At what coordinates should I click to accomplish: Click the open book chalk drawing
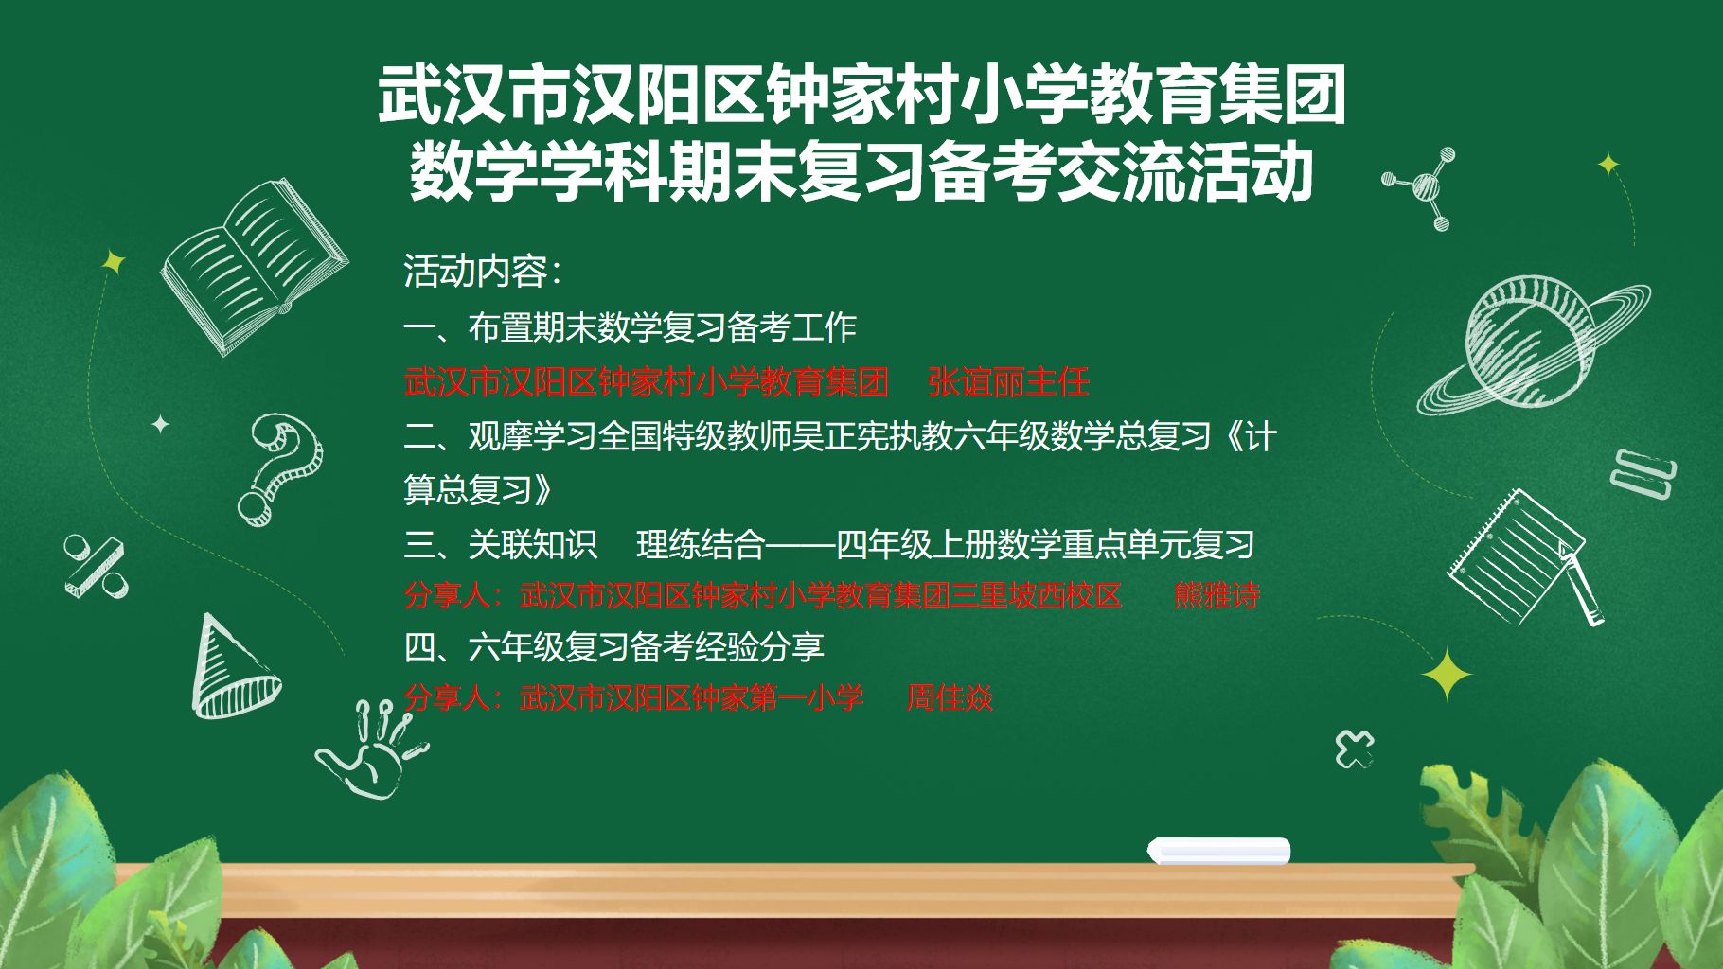[254, 267]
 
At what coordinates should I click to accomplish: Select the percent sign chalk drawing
[95, 566]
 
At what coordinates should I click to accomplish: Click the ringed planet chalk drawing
[1532, 344]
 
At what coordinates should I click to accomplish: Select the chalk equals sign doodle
[1643, 473]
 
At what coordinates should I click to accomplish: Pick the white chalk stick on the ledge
[1219, 851]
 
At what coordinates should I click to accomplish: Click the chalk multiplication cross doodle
[1355, 749]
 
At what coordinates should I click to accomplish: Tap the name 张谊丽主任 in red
[1008, 382]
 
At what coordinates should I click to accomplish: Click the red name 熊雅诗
[1217, 595]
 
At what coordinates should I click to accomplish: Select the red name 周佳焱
[950, 698]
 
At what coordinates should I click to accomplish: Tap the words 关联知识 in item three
[533, 545]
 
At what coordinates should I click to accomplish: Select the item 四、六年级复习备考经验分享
[614, 647]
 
